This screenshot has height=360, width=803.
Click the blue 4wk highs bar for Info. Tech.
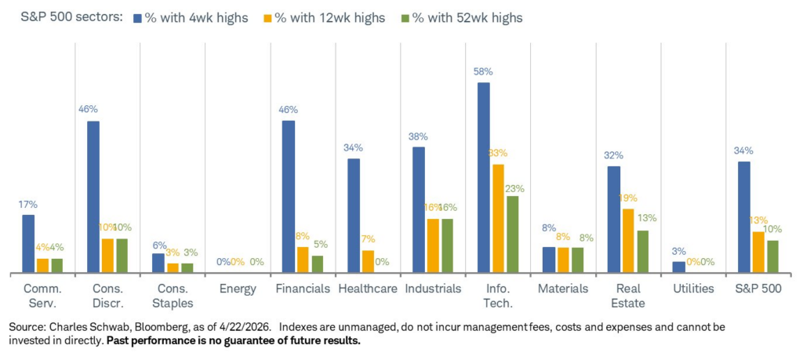(x=483, y=178)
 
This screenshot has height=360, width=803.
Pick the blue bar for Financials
(x=288, y=197)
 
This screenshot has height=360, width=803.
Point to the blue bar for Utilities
(x=678, y=267)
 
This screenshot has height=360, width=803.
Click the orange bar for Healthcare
(x=368, y=262)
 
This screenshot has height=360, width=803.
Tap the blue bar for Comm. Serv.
(x=28, y=244)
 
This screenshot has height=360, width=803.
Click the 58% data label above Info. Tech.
(x=483, y=71)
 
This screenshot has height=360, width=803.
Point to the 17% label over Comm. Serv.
(x=28, y=205)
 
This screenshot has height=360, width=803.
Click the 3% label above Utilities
(x=678, y=250)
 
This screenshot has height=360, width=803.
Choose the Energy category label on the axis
(x=238, y=289)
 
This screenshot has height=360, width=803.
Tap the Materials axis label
(x=563, y=289)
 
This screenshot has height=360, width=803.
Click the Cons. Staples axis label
(x=172, y=296)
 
